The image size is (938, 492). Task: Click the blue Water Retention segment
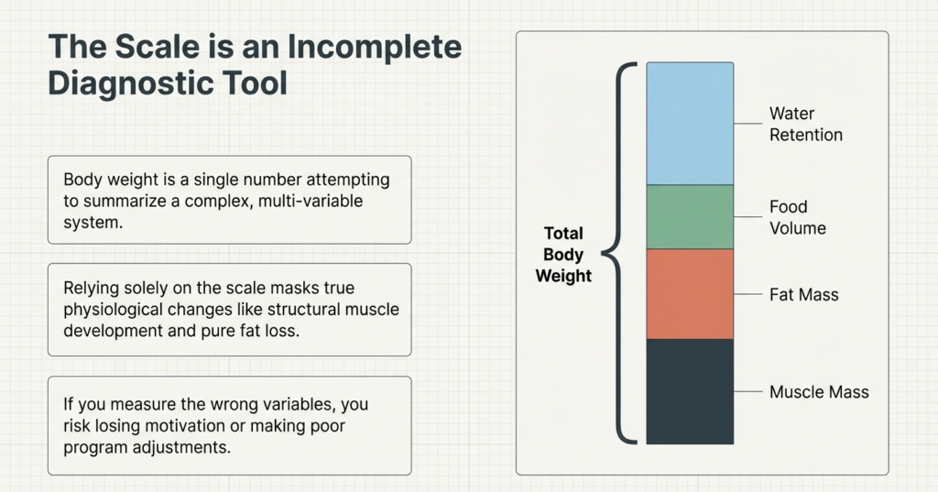click(690, 124)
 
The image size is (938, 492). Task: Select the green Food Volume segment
click(690, 216)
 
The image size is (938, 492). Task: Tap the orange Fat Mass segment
click(690, 294)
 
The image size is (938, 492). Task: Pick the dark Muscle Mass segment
click(690, 391)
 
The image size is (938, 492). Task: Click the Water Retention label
click(805, 124)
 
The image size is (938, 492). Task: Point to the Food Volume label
click(798, 217)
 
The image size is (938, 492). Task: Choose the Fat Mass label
click(803, 294)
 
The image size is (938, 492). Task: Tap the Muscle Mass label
click(819, 392)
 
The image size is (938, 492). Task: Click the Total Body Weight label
click(563, 255)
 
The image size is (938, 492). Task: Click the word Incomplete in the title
click(375, 48)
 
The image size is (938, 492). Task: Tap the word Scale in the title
click(158, 47)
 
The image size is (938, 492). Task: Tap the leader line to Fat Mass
click(747, 294)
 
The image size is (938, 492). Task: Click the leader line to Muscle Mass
click(747, 391)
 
